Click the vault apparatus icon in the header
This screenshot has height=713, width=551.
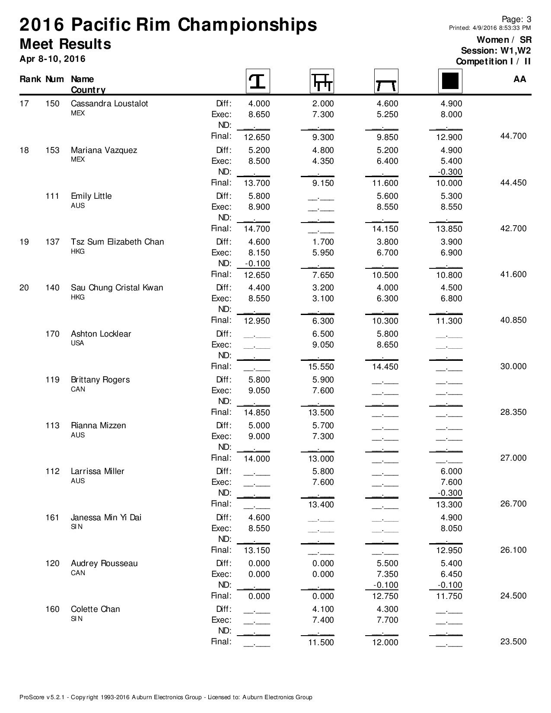258,81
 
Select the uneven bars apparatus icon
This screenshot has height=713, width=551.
322,81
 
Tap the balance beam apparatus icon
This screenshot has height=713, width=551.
386,81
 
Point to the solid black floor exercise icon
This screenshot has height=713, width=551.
450,81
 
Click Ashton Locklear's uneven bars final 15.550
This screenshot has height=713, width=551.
321,367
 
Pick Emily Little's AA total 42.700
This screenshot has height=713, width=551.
513,229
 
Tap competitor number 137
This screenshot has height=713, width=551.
52,242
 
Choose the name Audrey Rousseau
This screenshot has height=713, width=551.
104,563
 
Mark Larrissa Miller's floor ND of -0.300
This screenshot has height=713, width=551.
450,493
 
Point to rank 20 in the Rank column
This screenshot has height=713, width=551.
24,288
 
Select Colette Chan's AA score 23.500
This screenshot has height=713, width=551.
513,642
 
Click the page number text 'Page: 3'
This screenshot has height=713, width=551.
516,19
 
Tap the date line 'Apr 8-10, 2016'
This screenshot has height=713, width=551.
52,59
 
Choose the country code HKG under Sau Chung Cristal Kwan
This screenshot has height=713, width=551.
78,297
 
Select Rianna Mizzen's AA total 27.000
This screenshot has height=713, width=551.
513,458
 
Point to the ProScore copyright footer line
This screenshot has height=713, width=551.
166,697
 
